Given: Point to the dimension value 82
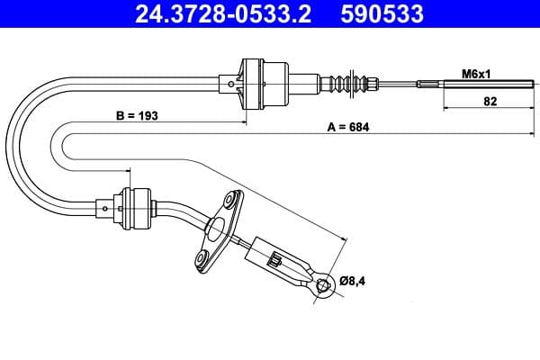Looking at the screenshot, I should [490, 102].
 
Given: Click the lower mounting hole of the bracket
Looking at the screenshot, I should [202, 260].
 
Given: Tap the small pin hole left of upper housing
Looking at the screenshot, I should [232, 85].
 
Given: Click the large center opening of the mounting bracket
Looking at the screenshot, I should [215, 229].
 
